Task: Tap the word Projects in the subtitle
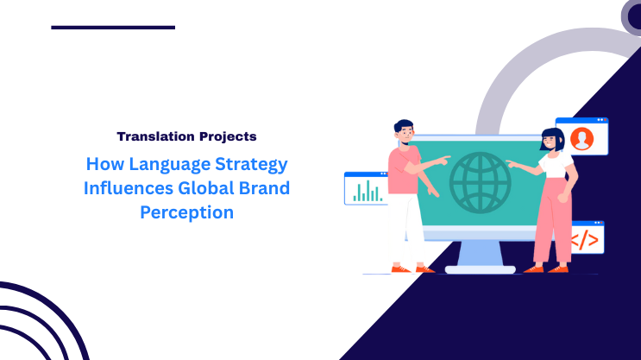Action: (x=224, y=136)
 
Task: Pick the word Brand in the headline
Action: (x=265, y=187)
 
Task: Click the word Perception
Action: (x=186, y=212)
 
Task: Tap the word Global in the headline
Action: (x=204, y=187)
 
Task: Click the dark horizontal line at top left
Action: (x=113, y=27)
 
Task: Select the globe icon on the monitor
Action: (x=481, y=182)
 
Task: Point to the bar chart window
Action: (x=366, y=188)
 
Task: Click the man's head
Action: (x=404, y=130)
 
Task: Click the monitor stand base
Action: (x=480, y=268)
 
